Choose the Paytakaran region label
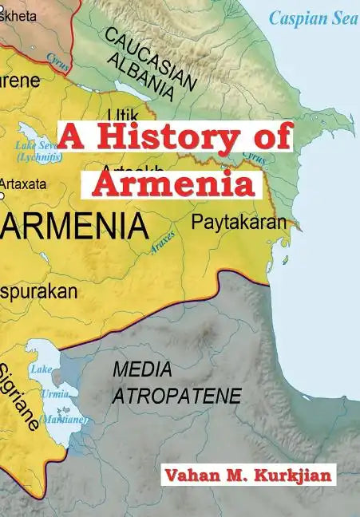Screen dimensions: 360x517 [x=238, y=223]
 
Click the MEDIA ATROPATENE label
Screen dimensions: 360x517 [x=175, y=382]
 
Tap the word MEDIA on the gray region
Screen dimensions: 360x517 [x=144, y=369]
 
